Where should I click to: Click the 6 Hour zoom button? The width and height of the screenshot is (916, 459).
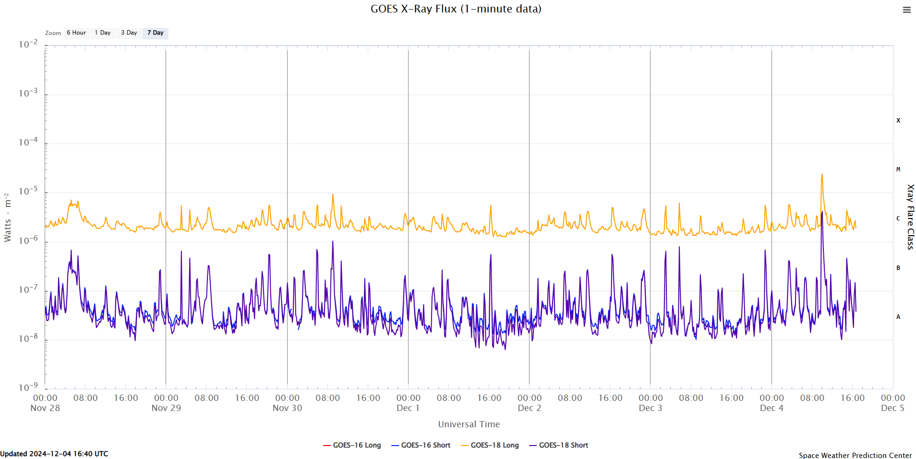click(76, 33)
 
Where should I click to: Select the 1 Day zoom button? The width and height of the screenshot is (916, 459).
click(103, 33)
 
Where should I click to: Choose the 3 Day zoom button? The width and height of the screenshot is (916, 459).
click(129, 33)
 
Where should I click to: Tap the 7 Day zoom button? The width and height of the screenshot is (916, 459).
click(156, 33)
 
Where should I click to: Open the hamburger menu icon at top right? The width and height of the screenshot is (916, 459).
click(906, 10)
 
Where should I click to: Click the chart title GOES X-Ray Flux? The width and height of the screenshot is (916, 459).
click(456, 9)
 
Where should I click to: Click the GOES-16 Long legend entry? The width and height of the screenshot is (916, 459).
click(352, 445)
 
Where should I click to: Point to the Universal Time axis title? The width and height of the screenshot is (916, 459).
click(469, 424)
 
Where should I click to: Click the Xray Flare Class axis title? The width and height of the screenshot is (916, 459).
click(910, 217)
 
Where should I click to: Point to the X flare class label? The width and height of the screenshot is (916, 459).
click(898, 121)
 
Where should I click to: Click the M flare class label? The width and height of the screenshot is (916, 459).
click(898, 169)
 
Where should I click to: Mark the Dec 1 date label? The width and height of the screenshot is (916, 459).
click(408, 408)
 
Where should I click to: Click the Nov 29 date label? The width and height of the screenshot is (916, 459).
click(166, 408)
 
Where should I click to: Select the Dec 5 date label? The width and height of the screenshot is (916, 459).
click(892, 408)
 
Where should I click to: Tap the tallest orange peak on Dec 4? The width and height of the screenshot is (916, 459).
click(822, 175)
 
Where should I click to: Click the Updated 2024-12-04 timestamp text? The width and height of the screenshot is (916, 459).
click(54, 454)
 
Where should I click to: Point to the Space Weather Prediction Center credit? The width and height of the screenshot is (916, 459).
click(855, 455)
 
